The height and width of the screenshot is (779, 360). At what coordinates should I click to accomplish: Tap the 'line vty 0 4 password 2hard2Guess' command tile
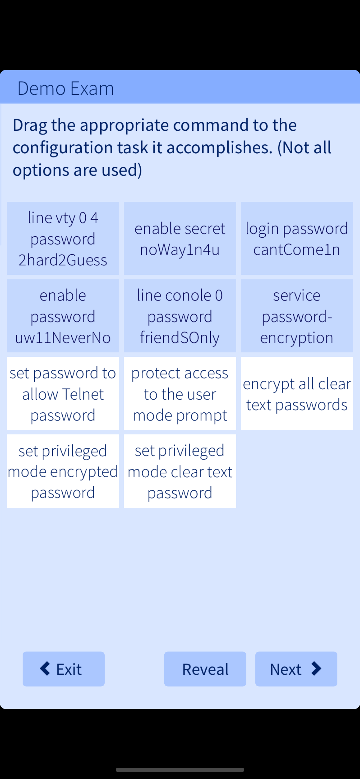pos(63,238)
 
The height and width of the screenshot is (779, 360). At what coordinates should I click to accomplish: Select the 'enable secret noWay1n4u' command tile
pos(180,238)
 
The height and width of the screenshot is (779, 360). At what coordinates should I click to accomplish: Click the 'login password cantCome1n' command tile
pos(297,238)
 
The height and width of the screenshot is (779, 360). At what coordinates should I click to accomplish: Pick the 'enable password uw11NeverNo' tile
pos(63,316)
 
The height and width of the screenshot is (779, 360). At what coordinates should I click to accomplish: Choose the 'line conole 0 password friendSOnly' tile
pos(180,316)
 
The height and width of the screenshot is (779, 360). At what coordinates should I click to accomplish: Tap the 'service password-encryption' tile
pos(297,316)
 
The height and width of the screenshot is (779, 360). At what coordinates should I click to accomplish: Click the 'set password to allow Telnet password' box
pos(63,394)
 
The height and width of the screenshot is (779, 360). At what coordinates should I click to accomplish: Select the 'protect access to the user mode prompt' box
pos(180,394)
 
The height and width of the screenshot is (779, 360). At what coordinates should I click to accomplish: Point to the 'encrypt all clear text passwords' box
pos(297,394)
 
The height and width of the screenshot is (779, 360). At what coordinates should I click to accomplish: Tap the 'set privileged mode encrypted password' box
pos(63,471)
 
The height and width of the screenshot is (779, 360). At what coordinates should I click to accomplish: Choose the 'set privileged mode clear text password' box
pos(180,471)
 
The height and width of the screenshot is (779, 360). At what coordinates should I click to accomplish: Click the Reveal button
pos(205,669)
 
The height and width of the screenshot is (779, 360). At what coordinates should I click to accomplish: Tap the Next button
pos(296,669)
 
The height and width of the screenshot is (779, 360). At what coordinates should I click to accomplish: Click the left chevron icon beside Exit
pos(45,668)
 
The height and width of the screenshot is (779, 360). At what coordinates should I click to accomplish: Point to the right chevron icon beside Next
pos(316,668)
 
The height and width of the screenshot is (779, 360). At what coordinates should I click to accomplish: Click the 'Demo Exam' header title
pos(66,88)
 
